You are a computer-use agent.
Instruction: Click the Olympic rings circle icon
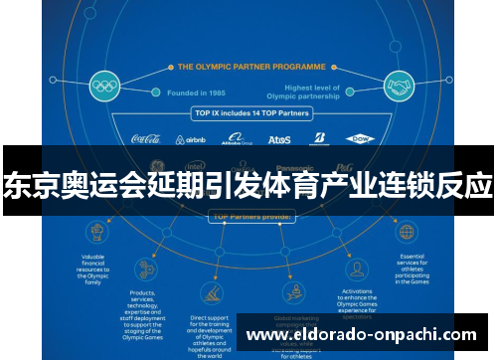coord(103,86)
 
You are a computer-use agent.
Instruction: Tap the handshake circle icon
coord(400,86)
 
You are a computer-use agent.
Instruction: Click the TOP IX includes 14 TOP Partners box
coord(250,114)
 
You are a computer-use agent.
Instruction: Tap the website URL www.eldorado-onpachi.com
coord(361,336)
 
